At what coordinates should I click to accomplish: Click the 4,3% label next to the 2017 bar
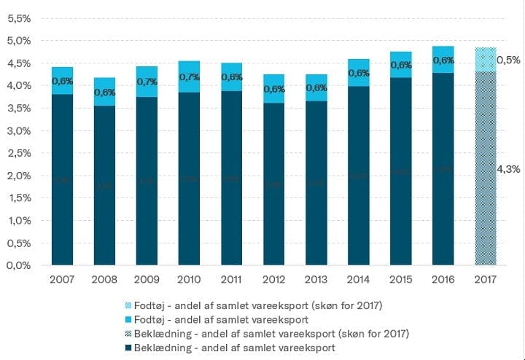(508, 169)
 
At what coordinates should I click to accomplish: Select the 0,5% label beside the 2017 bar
(508, 60)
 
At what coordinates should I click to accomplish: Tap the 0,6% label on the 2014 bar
(359, 73)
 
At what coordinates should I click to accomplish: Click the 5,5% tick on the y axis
(20, 18)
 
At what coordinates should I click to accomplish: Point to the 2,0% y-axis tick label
(20, 176)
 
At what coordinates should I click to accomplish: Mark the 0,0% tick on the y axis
(20, 266)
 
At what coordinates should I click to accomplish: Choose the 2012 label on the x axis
(273, 280)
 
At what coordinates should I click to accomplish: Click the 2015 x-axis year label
(400, 280)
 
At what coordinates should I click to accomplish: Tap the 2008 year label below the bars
(104, 280)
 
